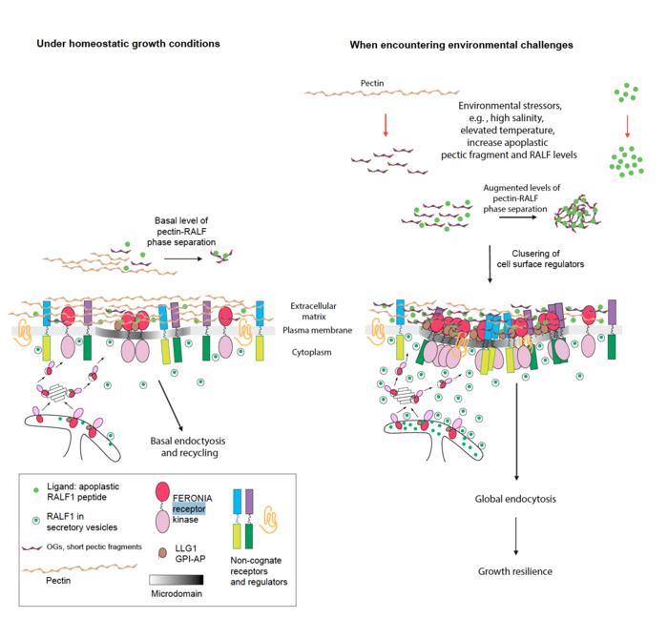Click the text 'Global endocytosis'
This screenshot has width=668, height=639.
pos(516,500)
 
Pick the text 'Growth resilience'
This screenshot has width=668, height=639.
pos(516,573)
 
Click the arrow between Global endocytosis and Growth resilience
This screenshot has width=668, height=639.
pos(516,536)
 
